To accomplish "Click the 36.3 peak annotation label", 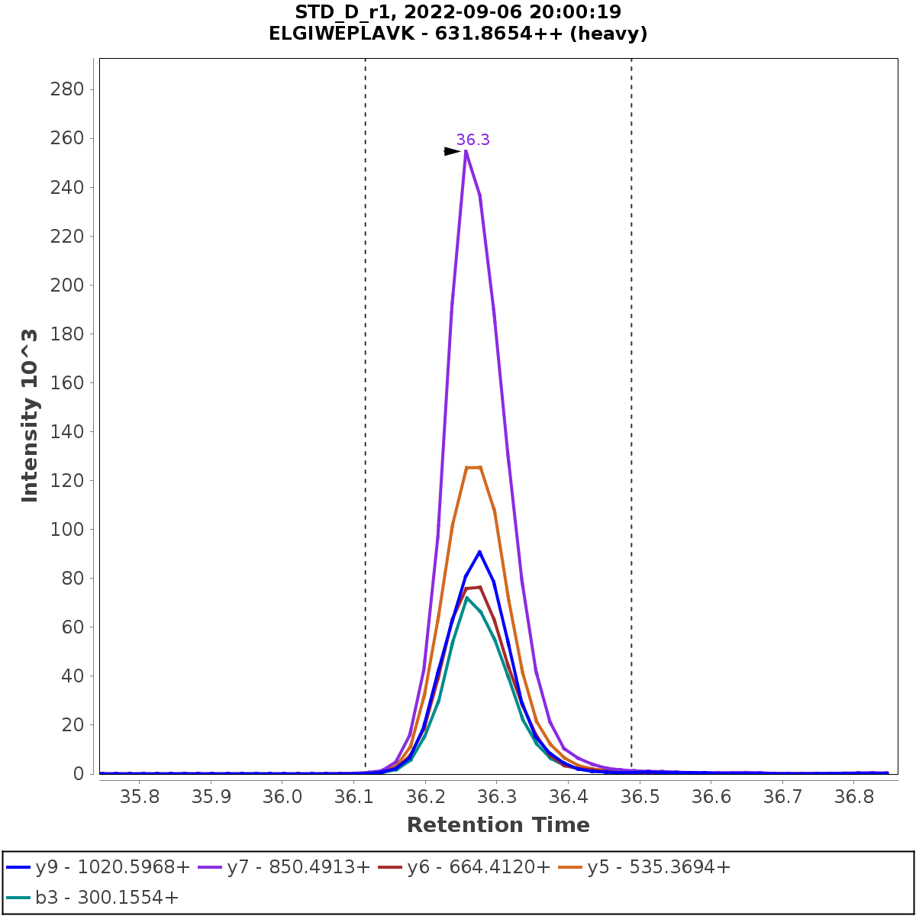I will (473, 140).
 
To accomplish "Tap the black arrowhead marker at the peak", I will (453, 151).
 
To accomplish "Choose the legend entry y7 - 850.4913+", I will (287, 867).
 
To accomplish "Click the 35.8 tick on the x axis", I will (139, 798).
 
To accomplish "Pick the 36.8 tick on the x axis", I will (854, 798).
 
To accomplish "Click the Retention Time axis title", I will (498, 825).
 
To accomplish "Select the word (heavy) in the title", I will (611, 34).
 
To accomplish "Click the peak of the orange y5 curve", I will (473, 467).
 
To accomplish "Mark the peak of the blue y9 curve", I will (479, 551).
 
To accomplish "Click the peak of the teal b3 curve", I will (466, 597).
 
